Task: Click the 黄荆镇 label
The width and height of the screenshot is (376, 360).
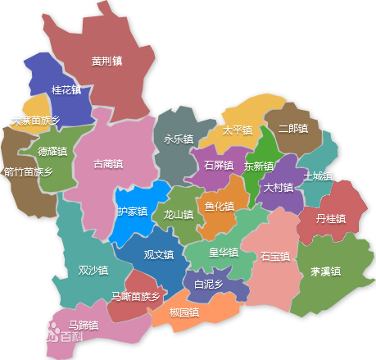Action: click(106, 61)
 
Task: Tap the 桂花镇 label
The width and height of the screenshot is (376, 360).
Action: click(66, 89)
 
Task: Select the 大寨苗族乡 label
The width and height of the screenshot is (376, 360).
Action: click(35, 121)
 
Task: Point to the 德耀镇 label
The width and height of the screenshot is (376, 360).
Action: click(52, 152)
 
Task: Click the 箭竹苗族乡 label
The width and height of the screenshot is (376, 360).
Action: click(28, 172)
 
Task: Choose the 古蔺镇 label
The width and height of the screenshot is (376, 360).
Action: click(109, 164)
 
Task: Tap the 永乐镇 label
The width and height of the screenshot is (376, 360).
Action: click(179, 139)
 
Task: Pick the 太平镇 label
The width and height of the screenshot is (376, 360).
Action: click(237, 130)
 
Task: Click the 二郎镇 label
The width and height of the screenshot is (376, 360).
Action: click(292, 129)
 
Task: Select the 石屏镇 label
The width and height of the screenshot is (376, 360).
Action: click(219, 165)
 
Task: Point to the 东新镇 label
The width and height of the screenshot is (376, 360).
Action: click(259, 166)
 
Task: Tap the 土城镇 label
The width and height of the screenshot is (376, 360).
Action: click(318, 176)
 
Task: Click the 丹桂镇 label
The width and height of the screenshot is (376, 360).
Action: click(331, 219)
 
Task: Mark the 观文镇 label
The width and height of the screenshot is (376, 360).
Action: click(159, 255)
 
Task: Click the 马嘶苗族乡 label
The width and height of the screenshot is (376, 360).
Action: click(135, 296)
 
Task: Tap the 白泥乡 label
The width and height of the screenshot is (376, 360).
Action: click(208, 285)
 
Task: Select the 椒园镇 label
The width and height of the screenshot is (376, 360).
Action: click(184, 312)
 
